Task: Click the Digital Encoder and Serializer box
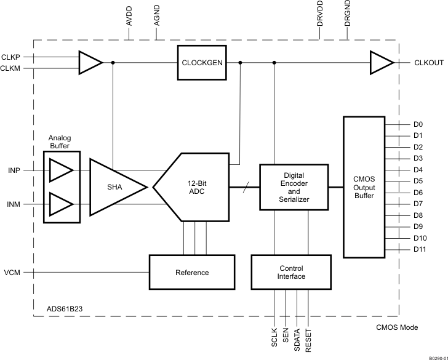point(293,187)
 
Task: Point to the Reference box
point(192,272)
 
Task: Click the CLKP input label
point(11,57)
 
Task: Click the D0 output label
point(418,124)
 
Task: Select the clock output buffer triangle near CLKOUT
point(380,62)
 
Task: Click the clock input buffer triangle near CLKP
point(90,62)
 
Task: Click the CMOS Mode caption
point(396,327)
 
